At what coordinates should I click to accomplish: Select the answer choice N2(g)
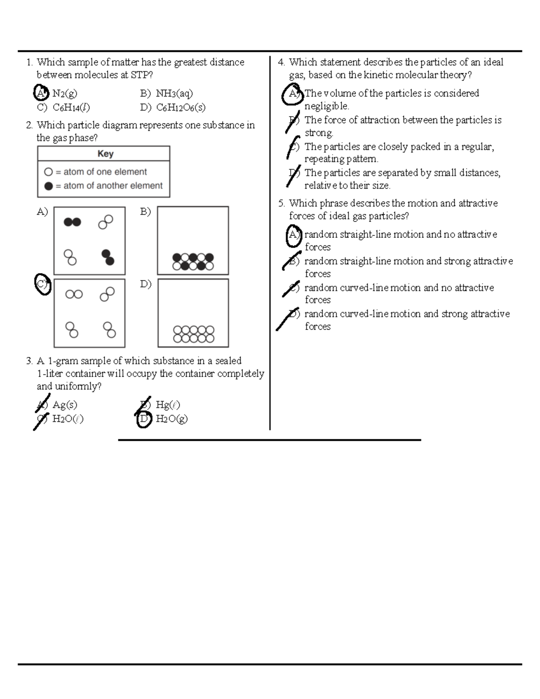[65, 94]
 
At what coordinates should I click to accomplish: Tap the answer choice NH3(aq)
[174, 94]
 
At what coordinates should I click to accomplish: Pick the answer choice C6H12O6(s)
[181, 108]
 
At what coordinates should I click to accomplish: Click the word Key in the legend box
[105, 154]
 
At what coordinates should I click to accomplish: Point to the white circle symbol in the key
[49, 172]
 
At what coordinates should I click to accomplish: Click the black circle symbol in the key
[49, 186]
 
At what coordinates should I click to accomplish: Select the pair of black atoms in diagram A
[72, 221]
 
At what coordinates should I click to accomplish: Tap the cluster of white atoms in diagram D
[193, 334]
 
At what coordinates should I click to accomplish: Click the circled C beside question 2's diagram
[43, 284]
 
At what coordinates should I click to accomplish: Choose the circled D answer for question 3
[144, 419]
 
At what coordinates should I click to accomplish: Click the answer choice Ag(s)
[65, 405]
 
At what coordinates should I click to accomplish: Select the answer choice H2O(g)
[171, 419]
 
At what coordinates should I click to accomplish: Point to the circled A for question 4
[293, 94]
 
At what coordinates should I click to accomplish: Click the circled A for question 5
[293, 235]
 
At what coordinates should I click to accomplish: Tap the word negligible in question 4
[327, 106]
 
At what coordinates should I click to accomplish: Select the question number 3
[29, 361]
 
